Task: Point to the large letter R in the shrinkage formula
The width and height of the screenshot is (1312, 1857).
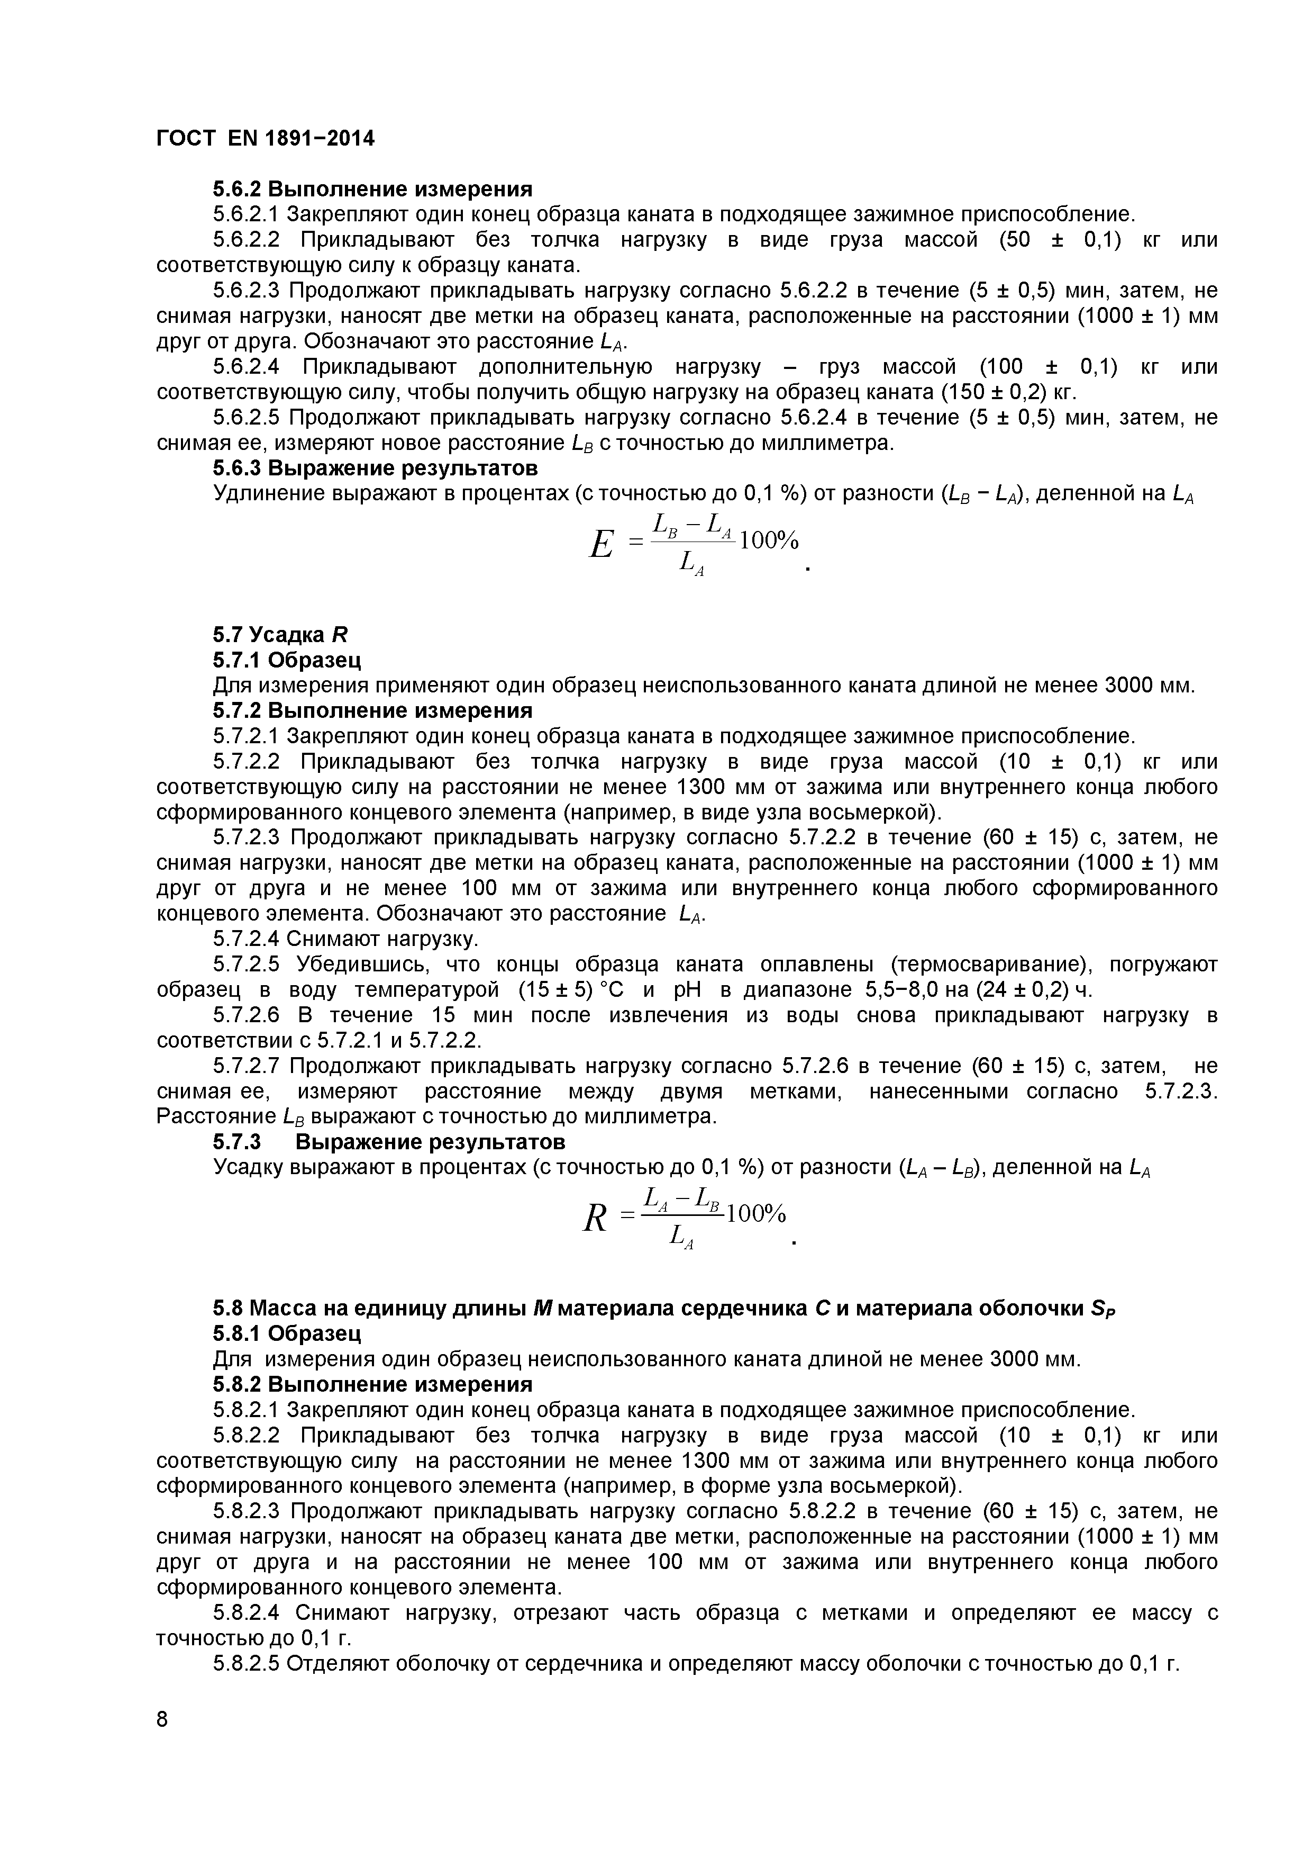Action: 595,1218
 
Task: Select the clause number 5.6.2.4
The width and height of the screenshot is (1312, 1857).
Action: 246,367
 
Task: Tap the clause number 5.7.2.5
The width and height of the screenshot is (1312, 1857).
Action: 246,965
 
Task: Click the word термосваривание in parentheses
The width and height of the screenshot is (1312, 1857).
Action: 992,965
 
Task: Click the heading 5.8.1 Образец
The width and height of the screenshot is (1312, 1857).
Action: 286,1333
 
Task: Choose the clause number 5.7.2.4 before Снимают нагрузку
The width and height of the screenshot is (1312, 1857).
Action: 246,939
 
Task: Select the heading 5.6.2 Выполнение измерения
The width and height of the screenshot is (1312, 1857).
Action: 372,190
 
